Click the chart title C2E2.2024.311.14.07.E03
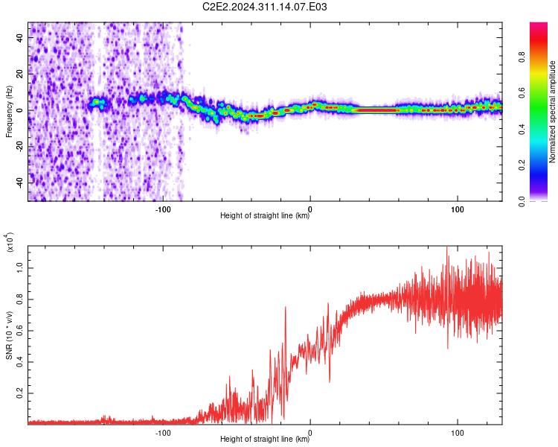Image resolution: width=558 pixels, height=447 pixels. click(x=264, y=7)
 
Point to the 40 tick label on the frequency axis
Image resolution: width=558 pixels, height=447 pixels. click(x=19, y=37)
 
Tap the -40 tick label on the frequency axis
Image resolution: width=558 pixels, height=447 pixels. click(x=19, y=183)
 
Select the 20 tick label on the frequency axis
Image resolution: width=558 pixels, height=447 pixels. click(x=19, y=74)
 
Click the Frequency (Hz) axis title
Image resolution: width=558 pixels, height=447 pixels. click(x=9, y=112)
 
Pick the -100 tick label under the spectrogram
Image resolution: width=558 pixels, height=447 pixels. click(x=163, y=209)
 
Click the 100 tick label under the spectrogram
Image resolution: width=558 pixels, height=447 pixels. click(x=458, y=209)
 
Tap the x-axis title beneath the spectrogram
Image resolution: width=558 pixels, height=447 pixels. click(x=265, y=215)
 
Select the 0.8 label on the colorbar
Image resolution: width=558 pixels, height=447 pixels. click(x=522, y=57)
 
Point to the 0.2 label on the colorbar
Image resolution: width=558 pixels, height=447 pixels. click(x=522, y=165)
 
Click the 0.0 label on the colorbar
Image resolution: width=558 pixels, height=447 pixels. click(x=522, y=201)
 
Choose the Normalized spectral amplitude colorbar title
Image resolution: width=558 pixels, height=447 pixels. click(x=552, y=112)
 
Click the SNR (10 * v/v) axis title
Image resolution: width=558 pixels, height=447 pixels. click(x=9, y=335)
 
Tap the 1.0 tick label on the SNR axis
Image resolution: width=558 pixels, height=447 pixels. click(x=19, y=268)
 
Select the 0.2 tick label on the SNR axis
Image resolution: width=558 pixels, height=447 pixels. click(x=19, y=393)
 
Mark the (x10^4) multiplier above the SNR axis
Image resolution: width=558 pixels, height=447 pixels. click(x=10, y=242)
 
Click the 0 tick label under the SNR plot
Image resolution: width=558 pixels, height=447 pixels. click(x=310, y=433)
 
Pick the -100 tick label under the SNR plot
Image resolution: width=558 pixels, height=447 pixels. click(x=163, y=433)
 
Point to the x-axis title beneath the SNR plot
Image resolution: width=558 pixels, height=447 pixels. click(x=265, y=439)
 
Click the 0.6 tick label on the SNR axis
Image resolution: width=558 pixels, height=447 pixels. click(x=19, y=331)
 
